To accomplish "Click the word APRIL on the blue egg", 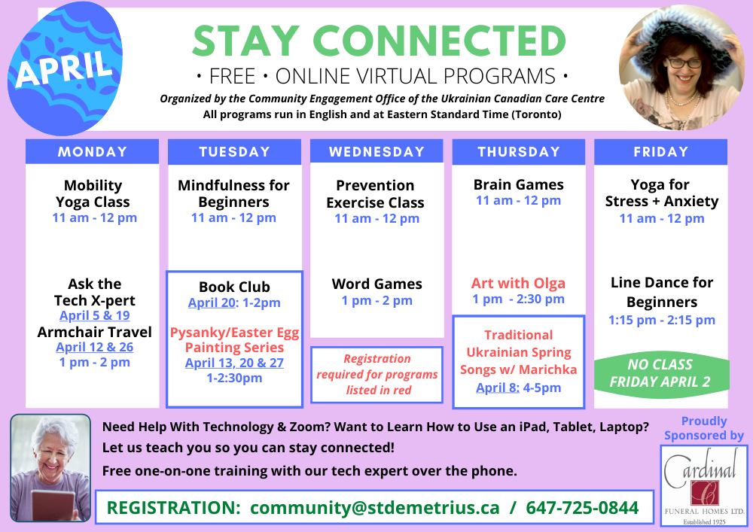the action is click(64, 68).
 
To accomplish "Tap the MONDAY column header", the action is click(92, 151).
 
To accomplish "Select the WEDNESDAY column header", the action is click(376, 151).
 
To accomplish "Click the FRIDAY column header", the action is click(661, 151).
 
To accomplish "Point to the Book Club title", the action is click(234, 287).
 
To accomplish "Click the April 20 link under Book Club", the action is click(212, 302).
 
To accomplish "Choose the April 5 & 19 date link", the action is click(95, 315).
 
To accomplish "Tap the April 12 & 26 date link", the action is click(95, 348).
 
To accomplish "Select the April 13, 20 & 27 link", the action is click(234, 363).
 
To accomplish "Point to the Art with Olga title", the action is click(518, 284).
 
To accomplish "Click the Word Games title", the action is click(377, 284).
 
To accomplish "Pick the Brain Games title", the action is click(519, 184).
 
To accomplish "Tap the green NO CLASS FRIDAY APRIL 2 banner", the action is click(661, 372).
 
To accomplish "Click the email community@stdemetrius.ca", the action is click(374, 507).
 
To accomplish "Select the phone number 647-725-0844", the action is click(582, 507).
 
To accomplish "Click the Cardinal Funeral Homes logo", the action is click(704, 485).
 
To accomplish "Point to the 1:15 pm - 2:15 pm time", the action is click(662, 320).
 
